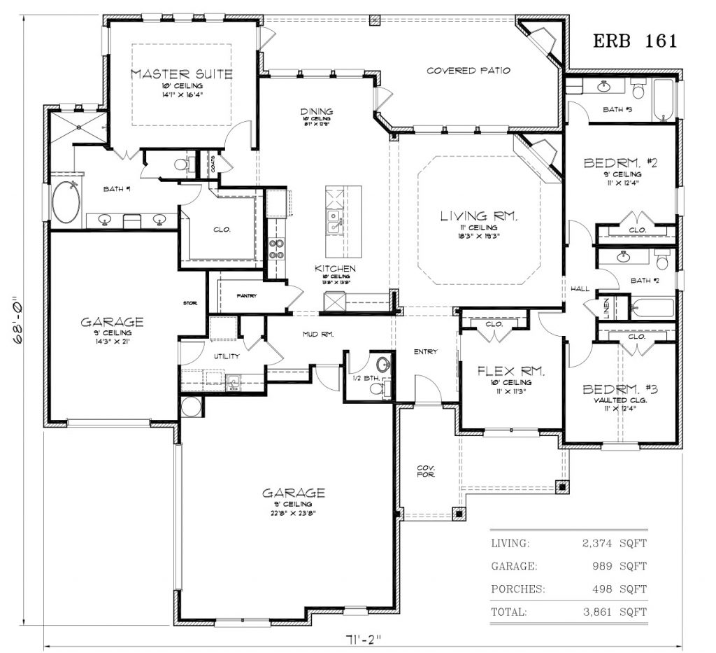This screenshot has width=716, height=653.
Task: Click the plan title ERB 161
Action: pos(635,41)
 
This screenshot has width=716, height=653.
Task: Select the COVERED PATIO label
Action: pos(468,71)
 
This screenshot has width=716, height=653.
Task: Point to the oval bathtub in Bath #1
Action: pos(66,202)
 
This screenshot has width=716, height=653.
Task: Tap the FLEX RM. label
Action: pos(510,371)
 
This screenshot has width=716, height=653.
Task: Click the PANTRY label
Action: pos(246,296)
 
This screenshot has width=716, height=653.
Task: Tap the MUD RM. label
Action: pos(318,335)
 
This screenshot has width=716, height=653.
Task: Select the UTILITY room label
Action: pos(227,356)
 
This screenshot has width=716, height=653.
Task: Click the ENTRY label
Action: pos(425,351)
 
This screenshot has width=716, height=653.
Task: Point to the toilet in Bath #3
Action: pos(638,92)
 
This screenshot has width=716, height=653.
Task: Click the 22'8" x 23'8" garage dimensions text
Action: pos(293,513)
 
